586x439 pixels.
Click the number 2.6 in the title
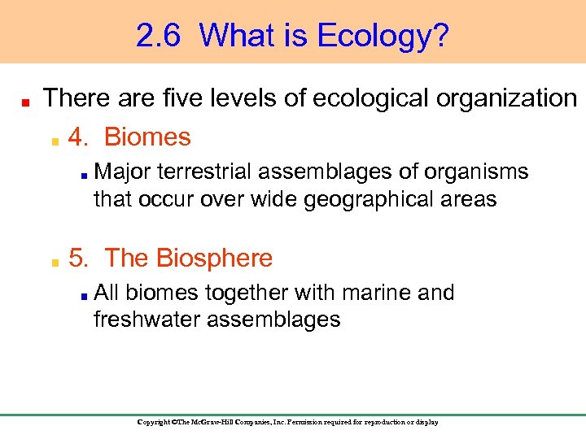[x=160, y=36]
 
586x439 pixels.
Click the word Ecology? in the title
[x=383, y=36]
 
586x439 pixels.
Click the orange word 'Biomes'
[x=147, y=137]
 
